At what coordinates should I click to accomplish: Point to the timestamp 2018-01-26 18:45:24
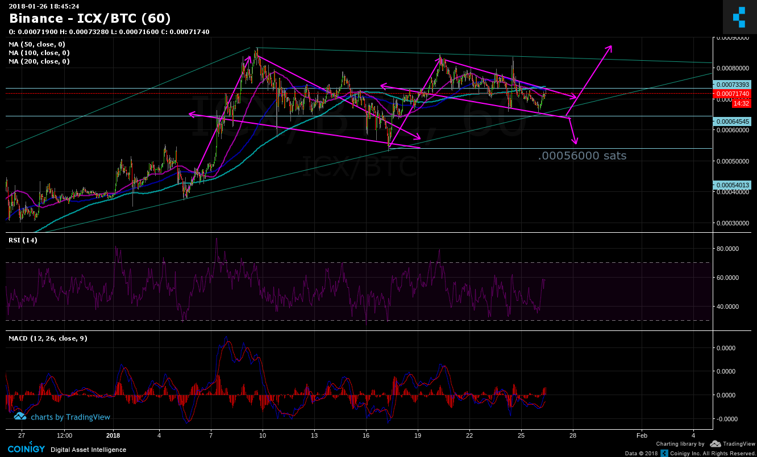coord(44,6)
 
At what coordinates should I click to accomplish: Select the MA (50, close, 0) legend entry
coord(37,44)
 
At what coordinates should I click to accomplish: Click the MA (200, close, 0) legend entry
coord(39,61)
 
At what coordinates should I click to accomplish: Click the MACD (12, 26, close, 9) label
coord(48,338)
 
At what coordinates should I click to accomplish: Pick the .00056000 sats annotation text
coord(583,156)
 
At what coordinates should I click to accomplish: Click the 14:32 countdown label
coord(740,103)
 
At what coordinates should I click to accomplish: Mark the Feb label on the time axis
coord(642,435)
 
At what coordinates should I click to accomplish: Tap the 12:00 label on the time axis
coord(65,435)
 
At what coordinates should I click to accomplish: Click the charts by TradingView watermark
coord(63,417)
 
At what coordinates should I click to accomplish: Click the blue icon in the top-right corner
coord(739,17)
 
